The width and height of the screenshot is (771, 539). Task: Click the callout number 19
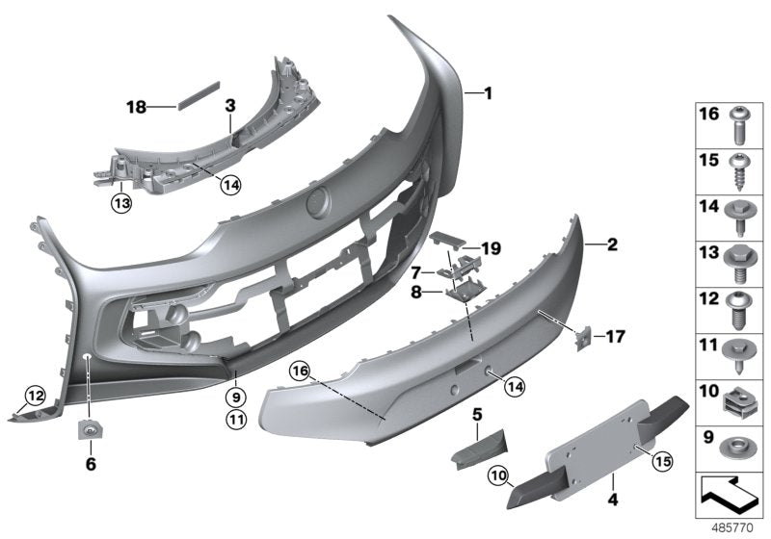coord(492,249)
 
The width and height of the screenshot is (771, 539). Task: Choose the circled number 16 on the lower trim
coord(299,370)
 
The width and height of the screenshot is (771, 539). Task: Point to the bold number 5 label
coord(476,415)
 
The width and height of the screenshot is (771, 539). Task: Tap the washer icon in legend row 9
coord(738,446)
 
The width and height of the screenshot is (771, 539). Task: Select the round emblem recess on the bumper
coord(317,202)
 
